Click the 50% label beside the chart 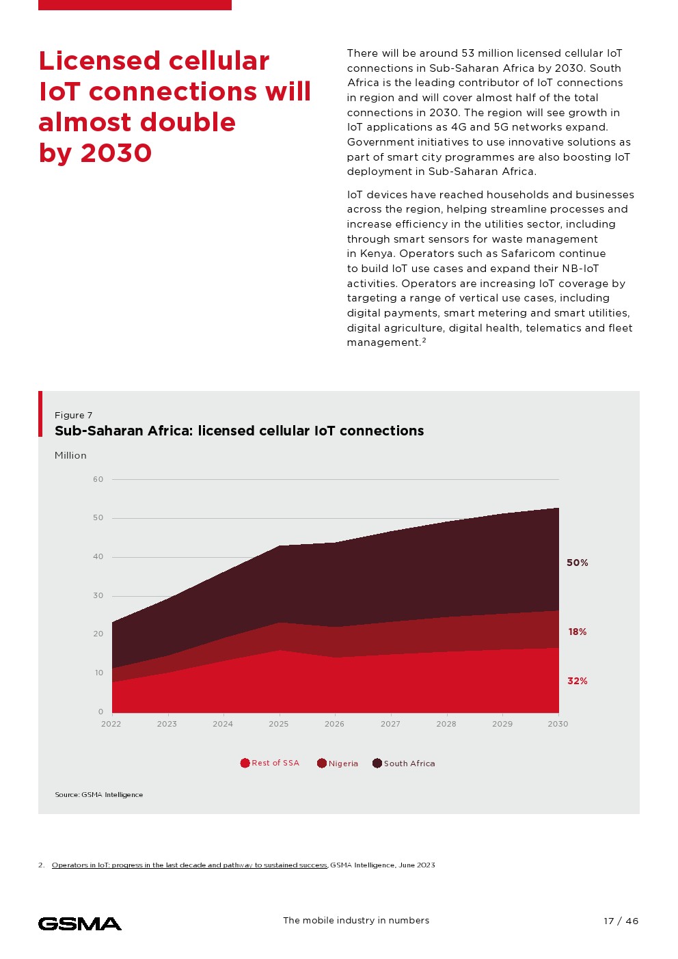[x=577, y=563]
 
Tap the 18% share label [x=577, y=632]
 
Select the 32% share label [x=577, y=681]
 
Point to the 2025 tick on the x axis [x=278, y=724]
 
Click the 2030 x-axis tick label [x=558, y=724]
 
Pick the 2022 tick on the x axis [x=111, y=724]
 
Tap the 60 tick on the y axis [x=98, y=479]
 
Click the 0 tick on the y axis [x=100, y=712]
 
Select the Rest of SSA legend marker [x=245, y=763]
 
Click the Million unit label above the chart [x=70, y=455]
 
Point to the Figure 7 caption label [x=73, y=415]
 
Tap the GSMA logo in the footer [x=80, y=923]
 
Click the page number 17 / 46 [x=621, y=921]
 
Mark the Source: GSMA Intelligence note [x=99, y=794]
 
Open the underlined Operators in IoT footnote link [x=189, y=865]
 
